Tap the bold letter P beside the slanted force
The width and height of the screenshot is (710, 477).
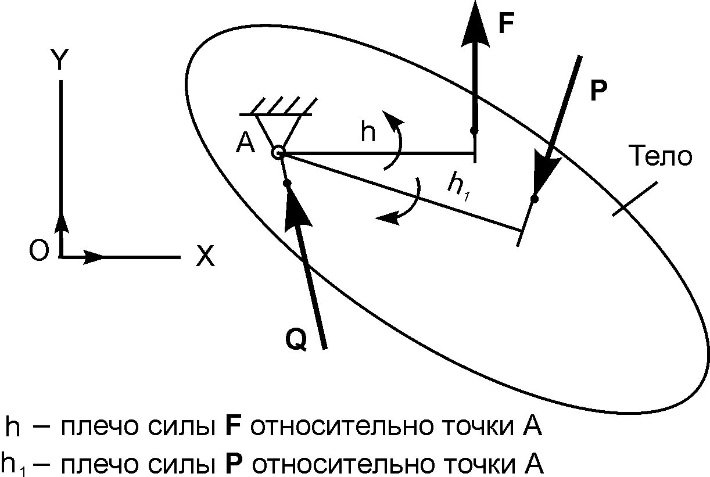[598, 91]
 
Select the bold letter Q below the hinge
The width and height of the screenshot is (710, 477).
[296, 340]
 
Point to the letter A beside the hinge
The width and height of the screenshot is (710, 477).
[246, 143]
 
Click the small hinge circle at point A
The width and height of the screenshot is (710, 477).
[278, 153]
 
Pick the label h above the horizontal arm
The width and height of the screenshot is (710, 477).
[368, 132]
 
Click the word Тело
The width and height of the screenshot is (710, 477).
[662, 157]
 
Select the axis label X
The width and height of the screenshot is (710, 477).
[205, 256]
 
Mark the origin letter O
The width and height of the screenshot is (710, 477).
[39, 252]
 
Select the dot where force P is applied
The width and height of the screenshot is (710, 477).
[535, 199]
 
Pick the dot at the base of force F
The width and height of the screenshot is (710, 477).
[474, 130]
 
